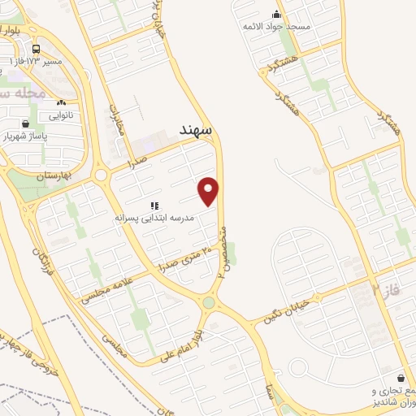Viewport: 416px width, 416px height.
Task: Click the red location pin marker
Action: tap(210, 191)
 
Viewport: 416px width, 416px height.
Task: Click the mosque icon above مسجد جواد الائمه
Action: tap(276, 14)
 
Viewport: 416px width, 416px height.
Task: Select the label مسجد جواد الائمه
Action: tap(276, 27)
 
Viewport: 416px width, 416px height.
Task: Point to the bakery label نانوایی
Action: tap(60, 115)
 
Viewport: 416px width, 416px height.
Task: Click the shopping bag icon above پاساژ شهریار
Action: tap(26, 123)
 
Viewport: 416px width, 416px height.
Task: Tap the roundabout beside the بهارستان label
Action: tap(101, 175)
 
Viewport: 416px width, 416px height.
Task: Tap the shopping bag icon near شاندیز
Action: tap(401, 378)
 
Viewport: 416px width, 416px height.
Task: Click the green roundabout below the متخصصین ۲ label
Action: tap(210, 303)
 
